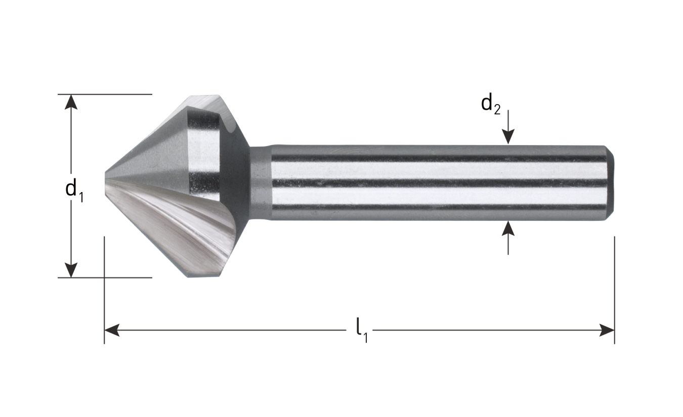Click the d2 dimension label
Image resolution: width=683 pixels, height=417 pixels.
click(490, 105)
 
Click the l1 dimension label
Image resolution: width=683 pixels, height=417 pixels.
click(361, 330)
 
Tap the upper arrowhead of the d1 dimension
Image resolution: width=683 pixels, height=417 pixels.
click(71, 102)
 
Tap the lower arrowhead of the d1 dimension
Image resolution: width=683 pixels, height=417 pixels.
click(71, 270)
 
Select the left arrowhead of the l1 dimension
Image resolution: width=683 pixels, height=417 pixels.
click(112, 331)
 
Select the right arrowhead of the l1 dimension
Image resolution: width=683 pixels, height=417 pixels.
click(607, 331)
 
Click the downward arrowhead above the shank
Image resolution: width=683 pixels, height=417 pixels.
click(508, 136)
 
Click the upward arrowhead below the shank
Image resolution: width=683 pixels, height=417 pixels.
click(508, 229)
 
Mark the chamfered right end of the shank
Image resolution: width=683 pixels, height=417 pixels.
click(610, 183)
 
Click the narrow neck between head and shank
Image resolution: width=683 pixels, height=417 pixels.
click(260, 183)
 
